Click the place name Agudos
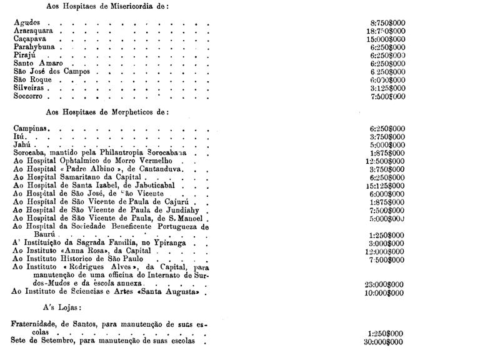click(x=27, y=22)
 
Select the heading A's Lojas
click(x=62, y=308)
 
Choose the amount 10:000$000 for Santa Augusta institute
click(x=383, y=292)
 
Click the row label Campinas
click(x=32, y=128)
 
